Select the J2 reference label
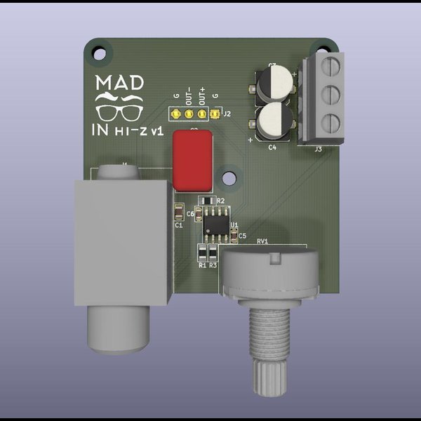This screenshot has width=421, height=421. [227, 113]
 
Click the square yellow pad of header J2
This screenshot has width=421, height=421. [215, 113]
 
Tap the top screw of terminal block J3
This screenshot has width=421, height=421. [331, 69]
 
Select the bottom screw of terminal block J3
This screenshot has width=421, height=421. [331, 123]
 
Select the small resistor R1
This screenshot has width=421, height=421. [203, 253]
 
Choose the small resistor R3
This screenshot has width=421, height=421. [213, 253]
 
